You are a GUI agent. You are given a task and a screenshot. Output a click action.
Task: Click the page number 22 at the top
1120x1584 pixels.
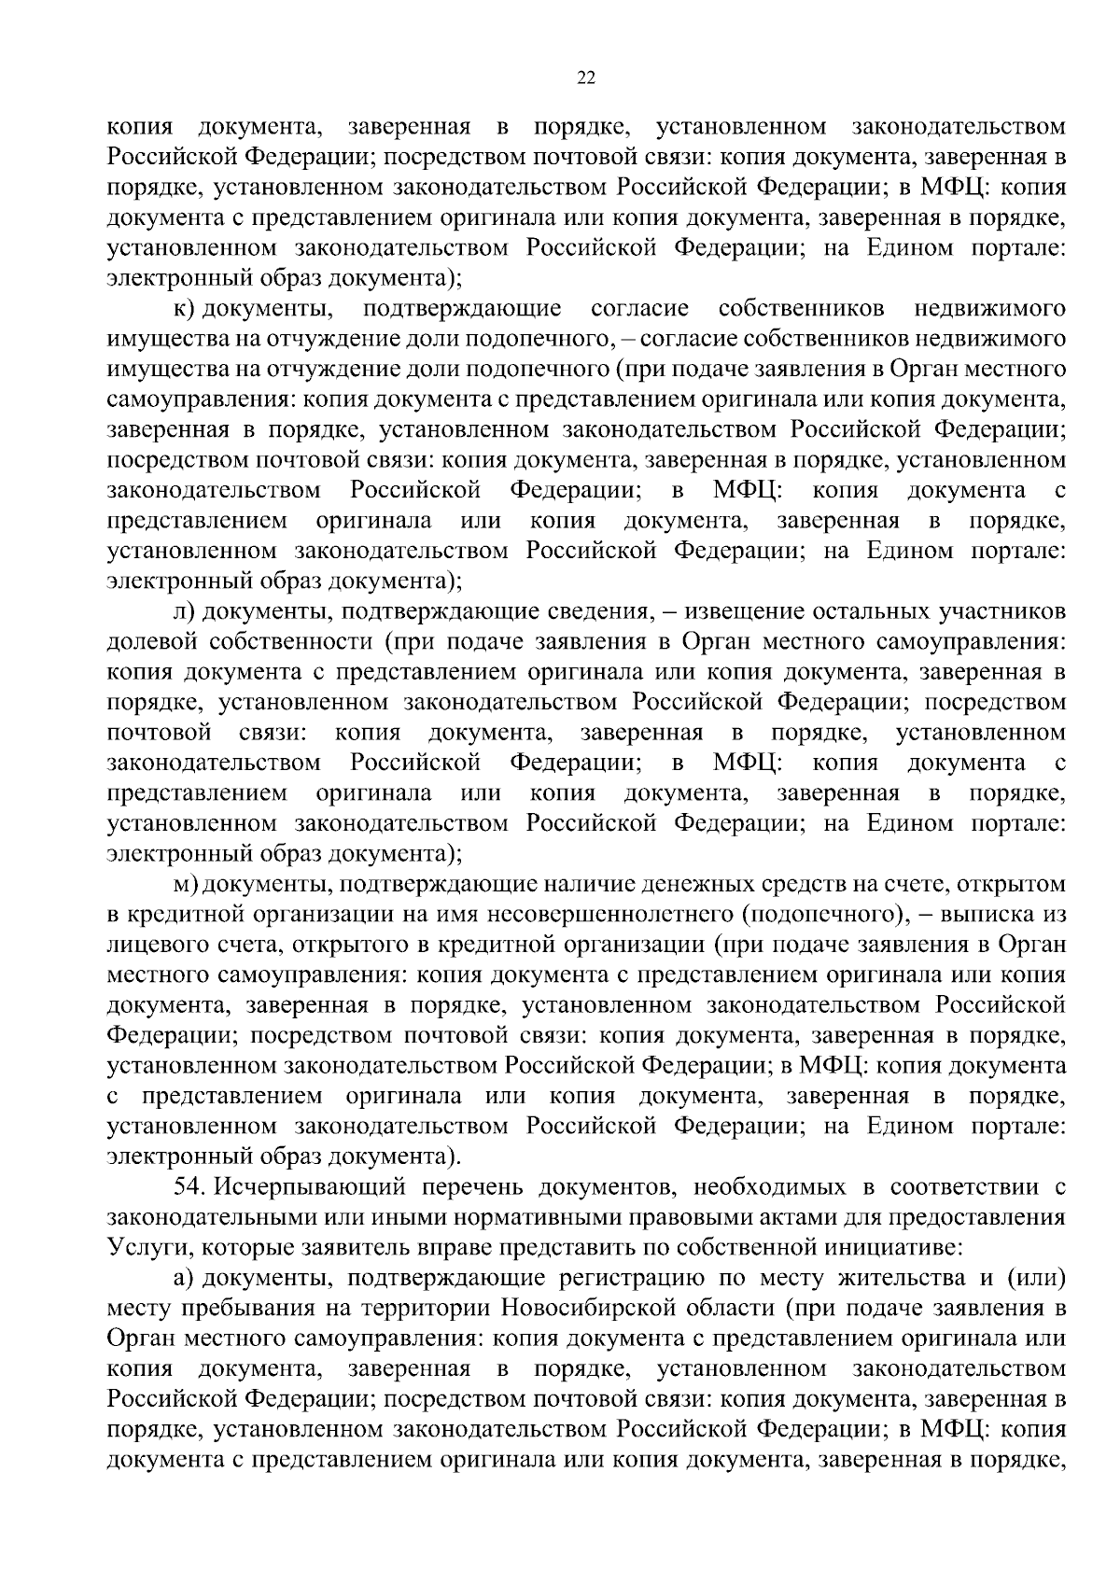click(x=586, y=78)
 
